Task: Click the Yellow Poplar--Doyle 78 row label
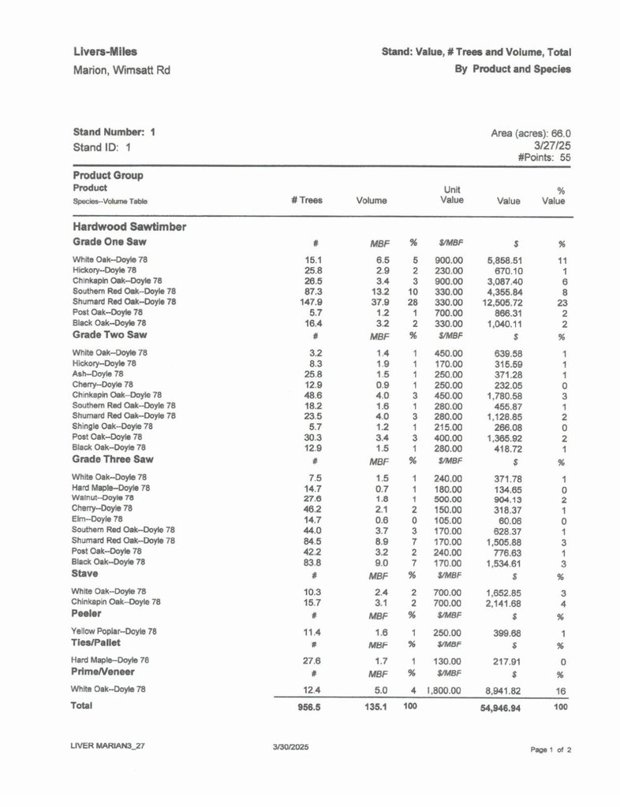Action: pos(114,631)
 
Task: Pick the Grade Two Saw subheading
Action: pos(110,333)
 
